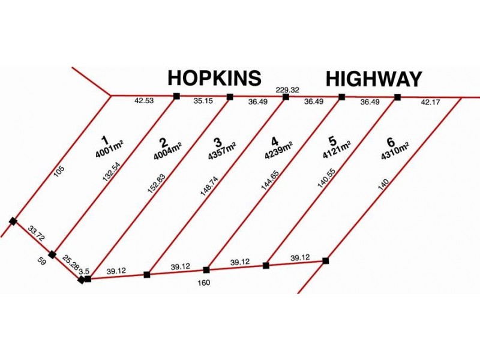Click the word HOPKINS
coord(214,78)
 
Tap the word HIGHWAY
coord(374,79)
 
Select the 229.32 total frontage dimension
coord(287,90)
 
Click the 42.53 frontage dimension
coord(144,100)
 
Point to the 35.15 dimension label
coord(203,101)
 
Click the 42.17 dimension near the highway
coord(430,101)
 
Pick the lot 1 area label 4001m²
coord(109,149)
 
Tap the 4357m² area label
coord(221,151)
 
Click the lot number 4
coord(275,142)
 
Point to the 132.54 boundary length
coord(111,172)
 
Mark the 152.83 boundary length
coord(156,184)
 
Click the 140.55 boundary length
coord(326,179)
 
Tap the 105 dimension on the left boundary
coord(59,171)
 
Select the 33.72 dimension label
coord(36,233)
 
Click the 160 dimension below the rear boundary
coord(204,283)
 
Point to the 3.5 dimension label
coord(84,271)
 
